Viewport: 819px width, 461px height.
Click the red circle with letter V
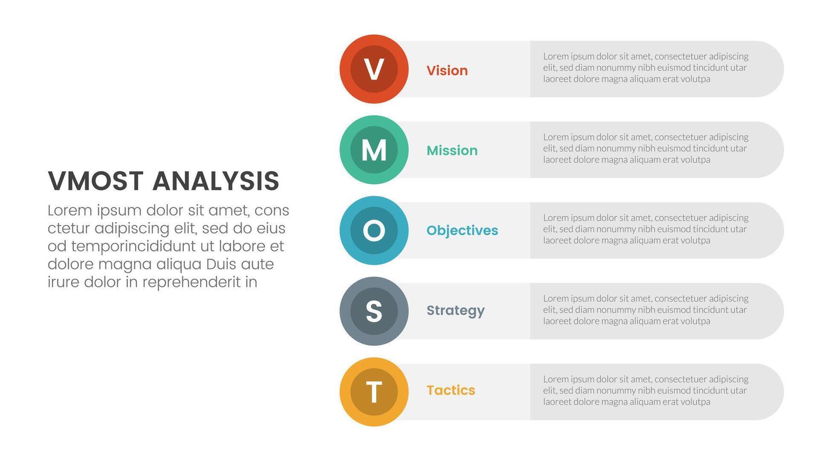374,69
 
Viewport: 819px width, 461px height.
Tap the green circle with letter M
374,150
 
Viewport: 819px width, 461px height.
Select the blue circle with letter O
374,230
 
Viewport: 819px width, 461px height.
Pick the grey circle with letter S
374,311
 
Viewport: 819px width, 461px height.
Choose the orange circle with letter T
374,392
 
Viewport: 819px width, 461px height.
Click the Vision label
447,71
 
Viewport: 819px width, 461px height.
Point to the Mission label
452,151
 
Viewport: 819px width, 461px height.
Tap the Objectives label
462,230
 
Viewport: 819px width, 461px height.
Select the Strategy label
455,310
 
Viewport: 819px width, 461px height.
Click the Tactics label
450,390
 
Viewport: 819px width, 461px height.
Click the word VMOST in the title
95,182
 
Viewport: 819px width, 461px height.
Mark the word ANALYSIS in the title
216,182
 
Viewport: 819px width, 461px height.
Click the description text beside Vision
646,68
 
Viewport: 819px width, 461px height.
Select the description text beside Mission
646,148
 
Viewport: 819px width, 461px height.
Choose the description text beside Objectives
646,229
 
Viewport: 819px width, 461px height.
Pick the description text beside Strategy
646,310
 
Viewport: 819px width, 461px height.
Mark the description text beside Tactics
646,390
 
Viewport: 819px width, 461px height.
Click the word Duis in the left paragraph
221,264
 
